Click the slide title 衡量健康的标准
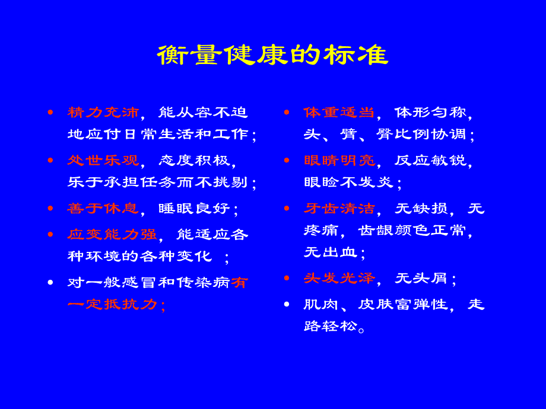click(272, 55)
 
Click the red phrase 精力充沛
click(103, 112)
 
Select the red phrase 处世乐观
click(103, 160)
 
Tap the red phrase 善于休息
click(103, 208)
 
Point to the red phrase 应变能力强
click(112, 234)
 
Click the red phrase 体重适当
click(339, 112)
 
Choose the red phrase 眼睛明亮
click(339, 160)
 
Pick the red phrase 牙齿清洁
click(339, 208)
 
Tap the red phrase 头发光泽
click(339, 278)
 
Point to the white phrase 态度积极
click(194, 160)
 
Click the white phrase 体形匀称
click(430, 112)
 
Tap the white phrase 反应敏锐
click(430, 160)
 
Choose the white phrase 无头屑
click(421, 278)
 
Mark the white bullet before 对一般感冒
click(50, 282)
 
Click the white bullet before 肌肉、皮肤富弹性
click(287, 304)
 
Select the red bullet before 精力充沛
click(50, 112)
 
